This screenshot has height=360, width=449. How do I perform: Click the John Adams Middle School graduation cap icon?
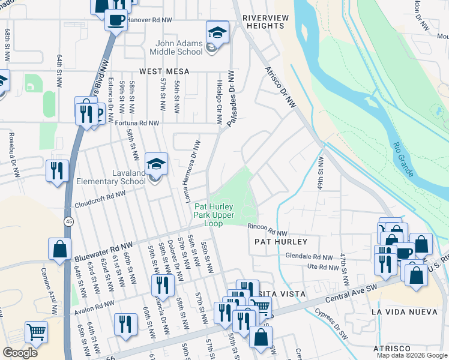[x=217, y=32]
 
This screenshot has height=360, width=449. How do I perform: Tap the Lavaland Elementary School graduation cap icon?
[x=156, y=164]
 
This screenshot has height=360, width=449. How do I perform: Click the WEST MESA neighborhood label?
[x=164, y=71]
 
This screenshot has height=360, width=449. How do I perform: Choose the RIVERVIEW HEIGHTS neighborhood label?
[x=265, y=22]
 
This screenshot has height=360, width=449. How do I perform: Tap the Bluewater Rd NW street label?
[x=103, y=253]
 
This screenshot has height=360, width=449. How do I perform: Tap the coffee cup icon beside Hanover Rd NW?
[x=115, y=19]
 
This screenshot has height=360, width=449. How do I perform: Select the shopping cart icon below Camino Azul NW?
[x=37, y=331]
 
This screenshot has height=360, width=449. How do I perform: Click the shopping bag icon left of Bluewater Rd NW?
[x=59, y=249]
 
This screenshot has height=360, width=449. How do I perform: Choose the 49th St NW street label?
[x=321, y=172]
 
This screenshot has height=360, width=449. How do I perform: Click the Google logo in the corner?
[x=20, y=353]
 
